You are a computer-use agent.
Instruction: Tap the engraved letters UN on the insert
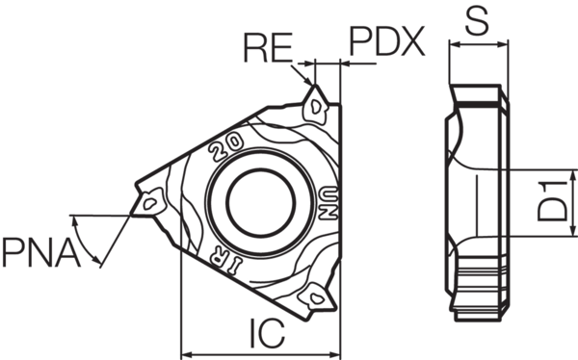[x=328, y=203]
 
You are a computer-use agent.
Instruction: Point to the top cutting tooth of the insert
[x=317, y=105]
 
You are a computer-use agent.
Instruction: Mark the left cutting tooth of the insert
[x=149, y=202]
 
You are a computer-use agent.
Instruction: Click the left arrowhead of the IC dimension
[x=187, y=349]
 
